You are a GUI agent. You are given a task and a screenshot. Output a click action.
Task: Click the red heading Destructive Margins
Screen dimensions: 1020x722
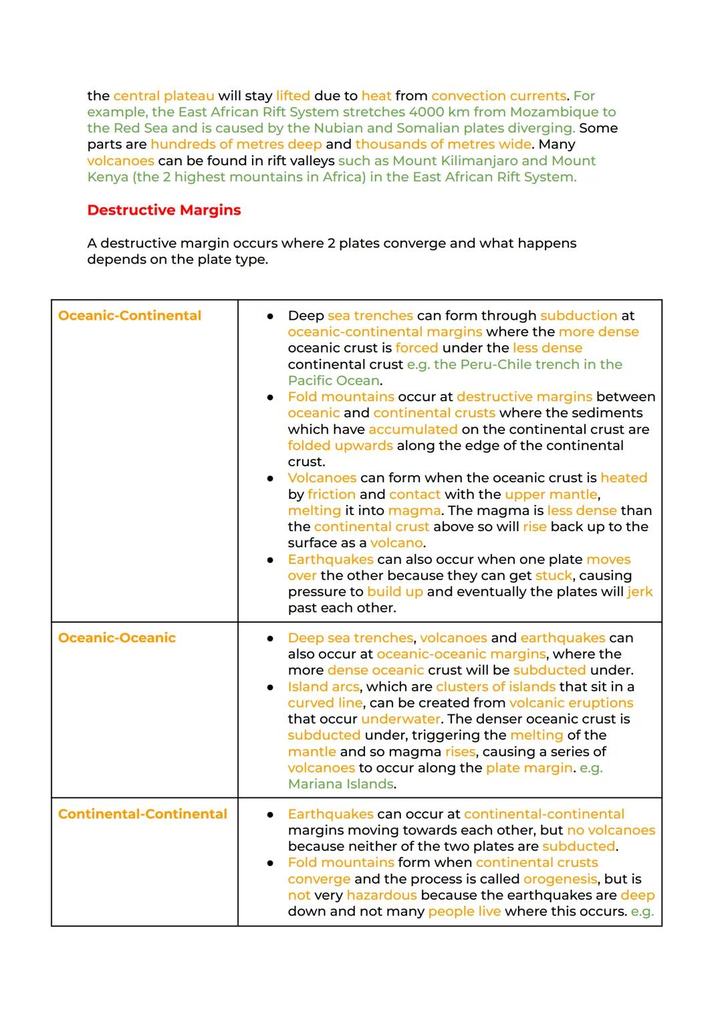pos(164,210)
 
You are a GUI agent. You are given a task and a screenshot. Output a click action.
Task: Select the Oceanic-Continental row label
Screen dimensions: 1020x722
pos(129,316)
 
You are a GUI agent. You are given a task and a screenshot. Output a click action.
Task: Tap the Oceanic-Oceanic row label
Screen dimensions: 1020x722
pos(117,638)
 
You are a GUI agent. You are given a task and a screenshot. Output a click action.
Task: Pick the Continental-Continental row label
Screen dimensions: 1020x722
pos(142,814)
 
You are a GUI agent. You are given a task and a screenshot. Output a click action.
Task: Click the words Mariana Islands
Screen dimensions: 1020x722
pos(340,784)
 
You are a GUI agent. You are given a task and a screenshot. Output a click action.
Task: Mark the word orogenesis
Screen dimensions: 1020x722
pos(560,879)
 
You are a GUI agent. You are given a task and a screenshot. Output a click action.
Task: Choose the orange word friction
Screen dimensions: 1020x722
pos(332,494)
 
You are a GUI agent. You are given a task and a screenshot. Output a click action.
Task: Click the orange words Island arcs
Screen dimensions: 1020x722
pos(323,687)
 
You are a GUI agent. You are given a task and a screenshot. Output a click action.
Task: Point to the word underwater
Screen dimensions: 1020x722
pos(400,719)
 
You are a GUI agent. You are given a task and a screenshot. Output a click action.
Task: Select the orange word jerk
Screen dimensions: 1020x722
pos(640,592)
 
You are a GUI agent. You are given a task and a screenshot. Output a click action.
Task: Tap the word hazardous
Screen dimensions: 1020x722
pos(381,895)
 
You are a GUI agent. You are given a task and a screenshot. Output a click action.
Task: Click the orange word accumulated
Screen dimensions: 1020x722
pos(412,429)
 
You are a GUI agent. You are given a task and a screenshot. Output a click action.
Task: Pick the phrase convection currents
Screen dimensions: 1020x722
pos(499,96)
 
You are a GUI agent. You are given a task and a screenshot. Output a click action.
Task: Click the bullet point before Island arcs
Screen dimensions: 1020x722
pos(270,687)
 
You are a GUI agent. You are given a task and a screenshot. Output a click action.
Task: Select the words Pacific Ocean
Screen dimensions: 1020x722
pos(334,381)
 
